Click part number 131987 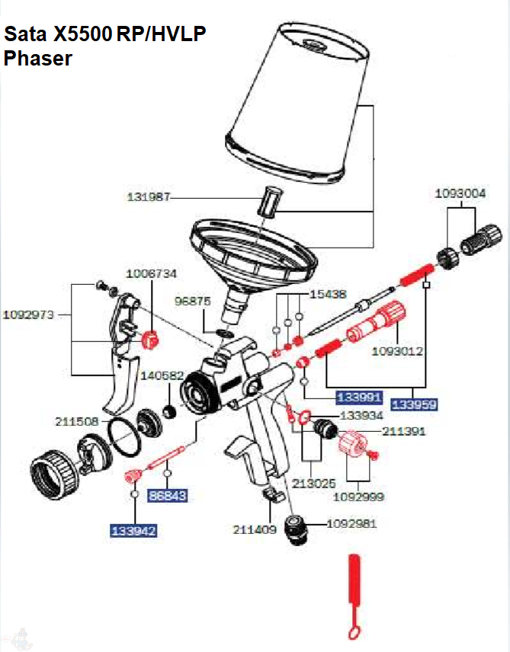coord(148,197)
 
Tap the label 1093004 coord(460,193)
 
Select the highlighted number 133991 coord(359,396)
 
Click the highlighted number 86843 coord(168,496)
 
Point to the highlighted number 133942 coord(134,530)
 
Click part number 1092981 coord(351,524)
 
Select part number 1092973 coord(29,314)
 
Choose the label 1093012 coord(397,351)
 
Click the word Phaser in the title coord(38,59)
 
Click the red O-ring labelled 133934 coord(303,417)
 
